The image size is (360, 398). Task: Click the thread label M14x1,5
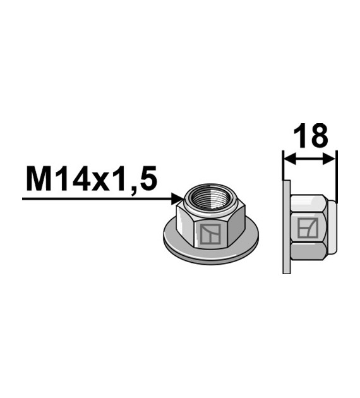90,180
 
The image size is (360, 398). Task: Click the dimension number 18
309,137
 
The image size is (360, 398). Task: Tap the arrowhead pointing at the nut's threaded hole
178,199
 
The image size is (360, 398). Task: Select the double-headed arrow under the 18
309,160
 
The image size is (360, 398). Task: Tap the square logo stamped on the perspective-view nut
211,234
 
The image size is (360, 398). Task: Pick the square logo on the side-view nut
307,227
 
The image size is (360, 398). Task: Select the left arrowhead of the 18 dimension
288,160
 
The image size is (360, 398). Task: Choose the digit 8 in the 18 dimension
319,137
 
